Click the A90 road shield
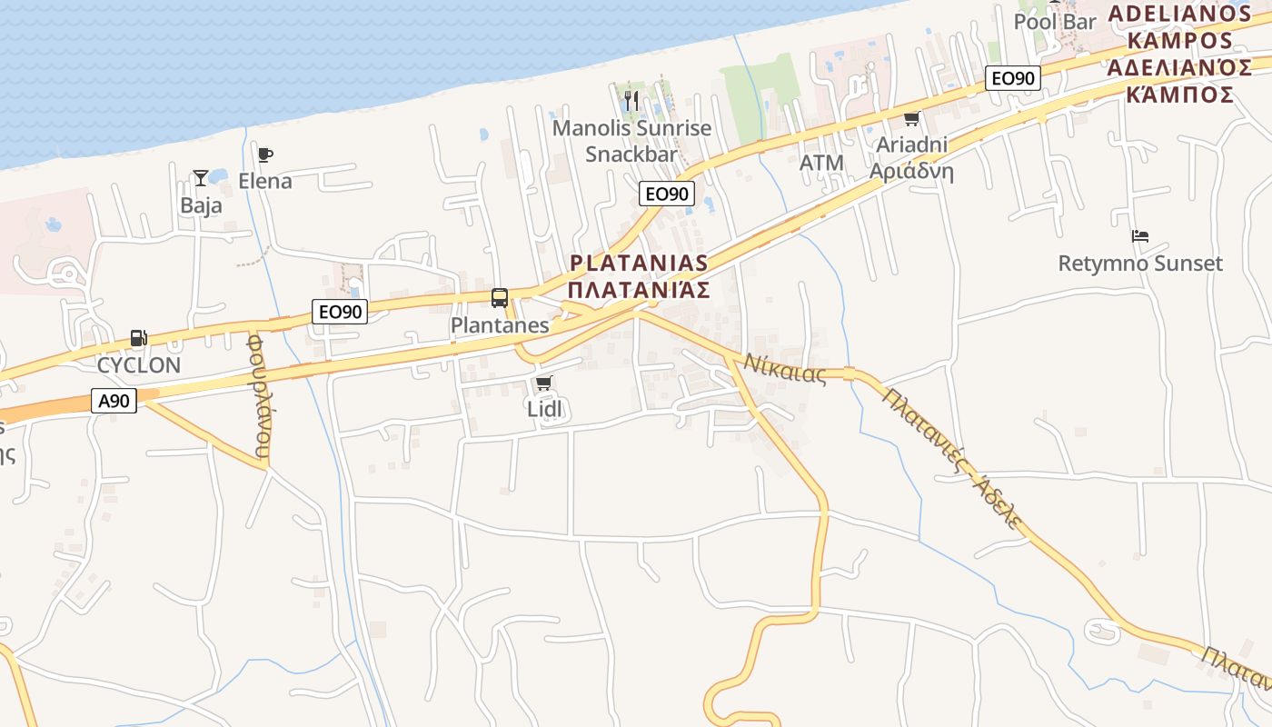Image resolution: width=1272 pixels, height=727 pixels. [x=114, y=401]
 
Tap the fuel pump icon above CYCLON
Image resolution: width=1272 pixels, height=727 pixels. [x=138, y=339]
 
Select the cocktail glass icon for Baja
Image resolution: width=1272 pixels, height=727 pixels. [x=201, y=178]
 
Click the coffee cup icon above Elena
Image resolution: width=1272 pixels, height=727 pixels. [x=264, y=154]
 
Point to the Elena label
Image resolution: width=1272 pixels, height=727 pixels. [x=265, y=181]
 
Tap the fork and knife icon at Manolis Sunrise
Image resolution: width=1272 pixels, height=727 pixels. [x=631, y=100]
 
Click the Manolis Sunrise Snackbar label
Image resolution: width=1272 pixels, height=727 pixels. [x=632, y=141]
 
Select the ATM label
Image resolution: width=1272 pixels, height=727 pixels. [x=821, y=164]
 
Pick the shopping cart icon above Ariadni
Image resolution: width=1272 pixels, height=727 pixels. [x=911, y=118]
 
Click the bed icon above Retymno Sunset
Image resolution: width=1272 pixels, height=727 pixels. [x=1140, y=236]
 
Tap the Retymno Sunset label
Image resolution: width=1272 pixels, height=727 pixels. [x=1140, y=264]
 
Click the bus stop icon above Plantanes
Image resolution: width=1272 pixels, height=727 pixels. [x=500, y=297]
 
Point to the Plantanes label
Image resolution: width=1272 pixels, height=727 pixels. [x=500, y=325]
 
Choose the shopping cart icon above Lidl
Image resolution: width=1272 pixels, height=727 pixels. [x=544, y=383]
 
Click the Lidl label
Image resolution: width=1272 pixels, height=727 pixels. [x=545, y=409]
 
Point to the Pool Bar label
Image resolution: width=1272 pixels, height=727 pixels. [x=1055, y=21]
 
